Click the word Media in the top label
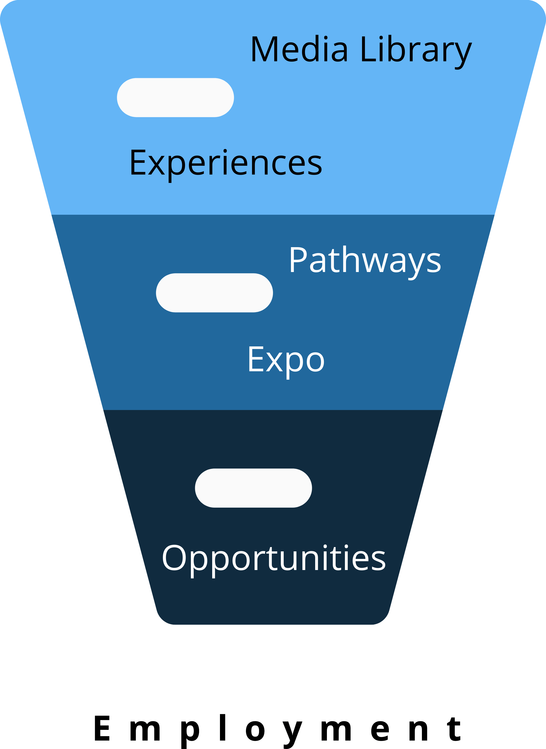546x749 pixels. click(299, 50)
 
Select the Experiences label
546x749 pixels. click(226, 163)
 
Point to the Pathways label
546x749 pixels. click(365, 260)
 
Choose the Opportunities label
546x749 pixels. click(274, 558)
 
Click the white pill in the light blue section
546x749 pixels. click(176, 97)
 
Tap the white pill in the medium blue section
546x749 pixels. click(214, 293)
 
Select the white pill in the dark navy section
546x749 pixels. click(253, 488)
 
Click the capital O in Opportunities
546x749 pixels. click(174, 558)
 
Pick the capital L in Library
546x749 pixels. click(368, 49)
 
